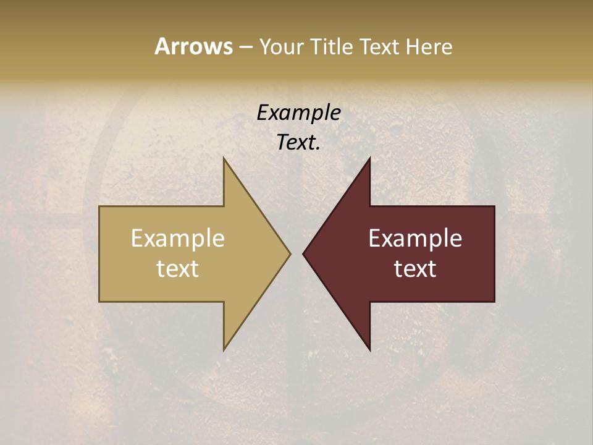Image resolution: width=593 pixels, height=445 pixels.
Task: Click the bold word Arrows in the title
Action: (193, 46)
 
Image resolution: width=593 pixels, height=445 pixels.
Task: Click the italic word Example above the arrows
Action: (298, 112)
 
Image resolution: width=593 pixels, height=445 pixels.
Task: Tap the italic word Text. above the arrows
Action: (298, 142)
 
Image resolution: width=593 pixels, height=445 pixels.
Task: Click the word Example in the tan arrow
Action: (178, 238)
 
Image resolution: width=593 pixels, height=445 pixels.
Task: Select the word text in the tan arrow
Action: (178, 268)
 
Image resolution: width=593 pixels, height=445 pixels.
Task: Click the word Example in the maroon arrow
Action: (415, 238)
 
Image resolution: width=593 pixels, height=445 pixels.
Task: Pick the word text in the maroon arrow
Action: (415, 268)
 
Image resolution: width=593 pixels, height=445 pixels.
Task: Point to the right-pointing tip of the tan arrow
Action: (290, 253)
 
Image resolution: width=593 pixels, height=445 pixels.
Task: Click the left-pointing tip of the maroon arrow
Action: (303, 253)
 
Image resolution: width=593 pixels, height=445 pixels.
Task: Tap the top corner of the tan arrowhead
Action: (224, 158)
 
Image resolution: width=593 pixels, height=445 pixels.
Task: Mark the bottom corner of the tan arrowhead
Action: (224, 350)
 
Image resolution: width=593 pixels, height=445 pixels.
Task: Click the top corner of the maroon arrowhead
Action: (369, 158)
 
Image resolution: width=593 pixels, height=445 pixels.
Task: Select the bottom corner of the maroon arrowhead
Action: (369, 350)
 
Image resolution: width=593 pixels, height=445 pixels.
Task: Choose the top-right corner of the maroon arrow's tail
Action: (494, 206)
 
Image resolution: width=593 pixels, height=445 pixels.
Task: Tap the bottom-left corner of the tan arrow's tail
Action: (99, 301)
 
